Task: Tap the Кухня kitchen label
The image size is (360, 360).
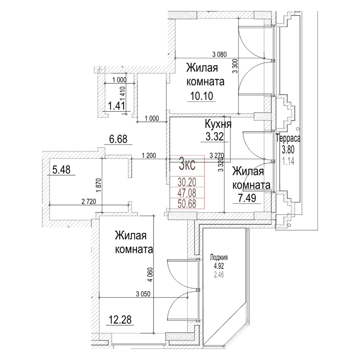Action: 218,124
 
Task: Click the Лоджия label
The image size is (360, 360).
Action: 219,258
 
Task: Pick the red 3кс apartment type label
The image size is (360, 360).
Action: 187,164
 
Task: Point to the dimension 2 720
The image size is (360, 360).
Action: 88,201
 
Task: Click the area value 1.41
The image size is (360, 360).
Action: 116,107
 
